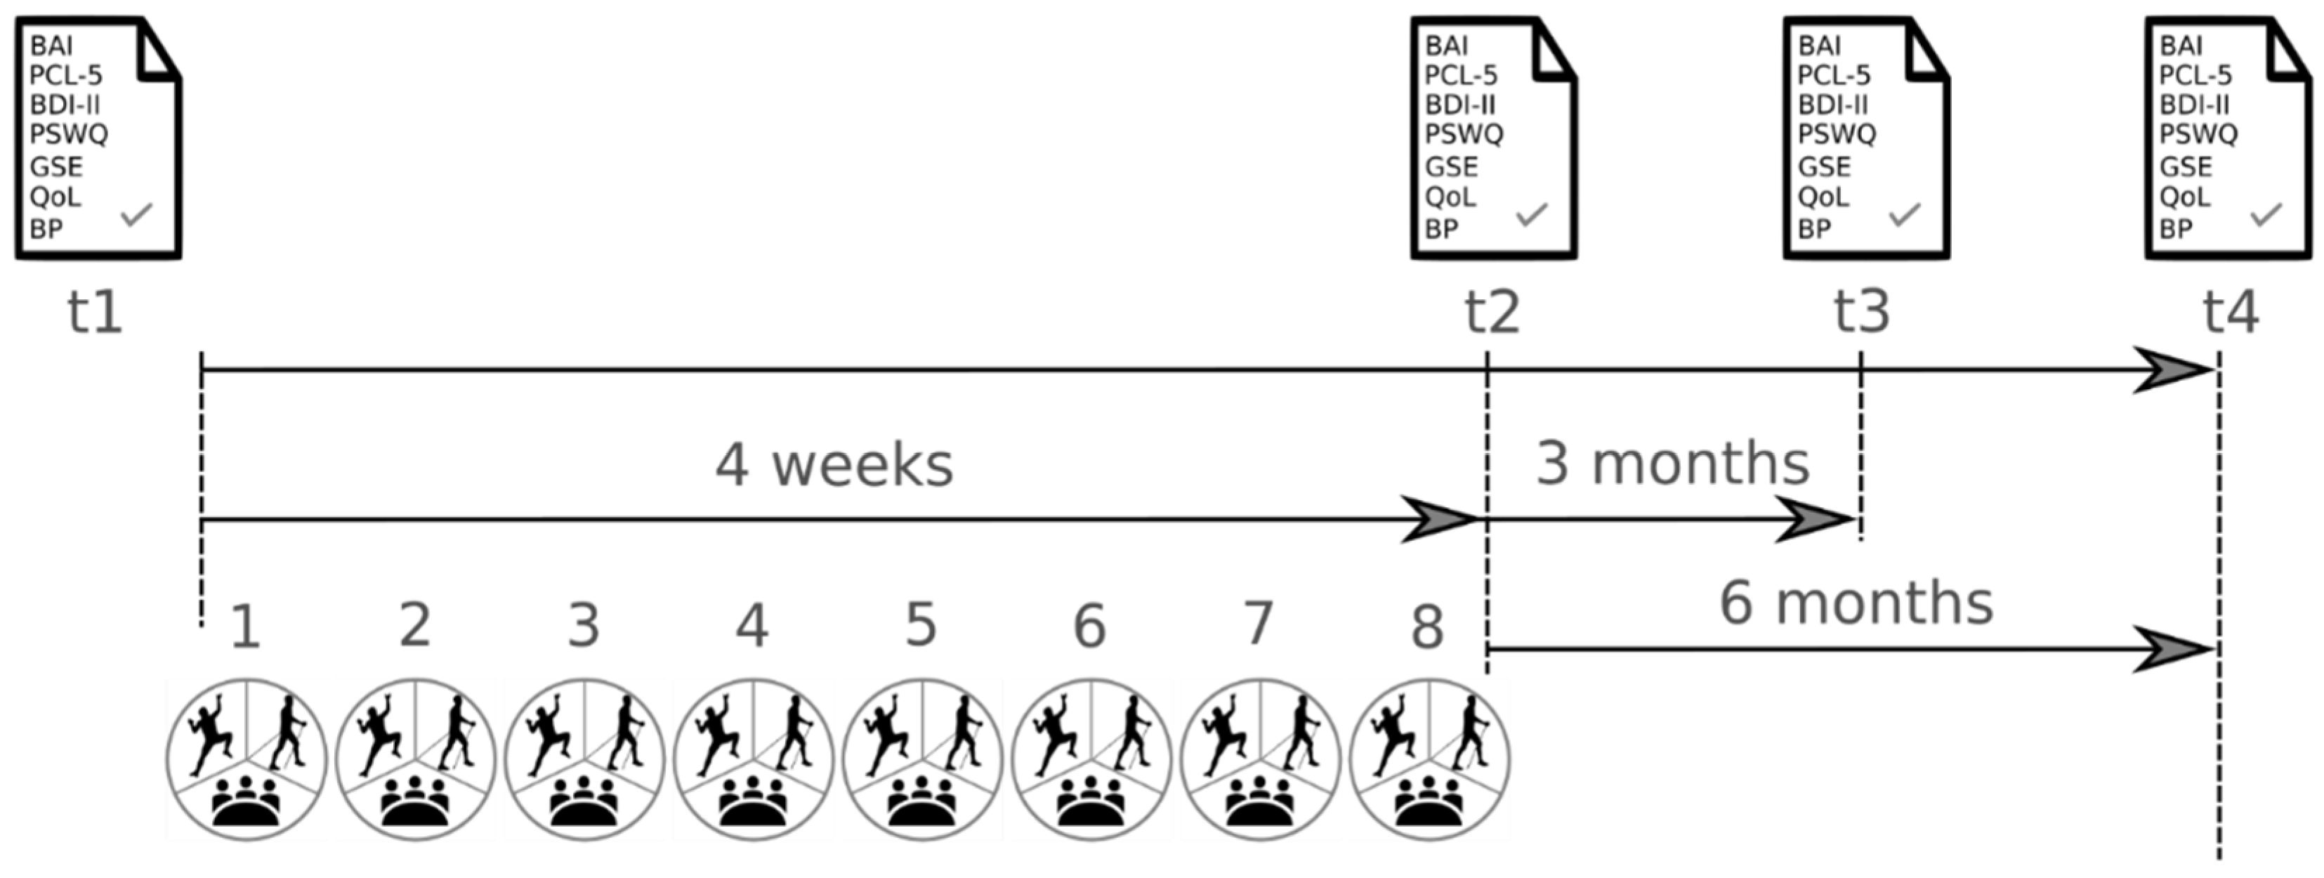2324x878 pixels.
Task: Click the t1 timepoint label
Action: tap(95, 313)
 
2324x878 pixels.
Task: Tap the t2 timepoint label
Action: tap(1491, 313)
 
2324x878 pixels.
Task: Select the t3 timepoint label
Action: tap(1861, 313)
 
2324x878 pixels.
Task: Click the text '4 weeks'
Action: tap(834, 466)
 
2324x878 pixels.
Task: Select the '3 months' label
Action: tap(1673, 464)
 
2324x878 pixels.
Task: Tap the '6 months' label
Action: tap(1856, 603)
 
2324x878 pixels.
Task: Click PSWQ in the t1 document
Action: tap(69, 134)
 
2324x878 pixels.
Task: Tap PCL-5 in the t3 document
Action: tap(1834, 75)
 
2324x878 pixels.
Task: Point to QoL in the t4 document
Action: tap(2184, 197)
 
